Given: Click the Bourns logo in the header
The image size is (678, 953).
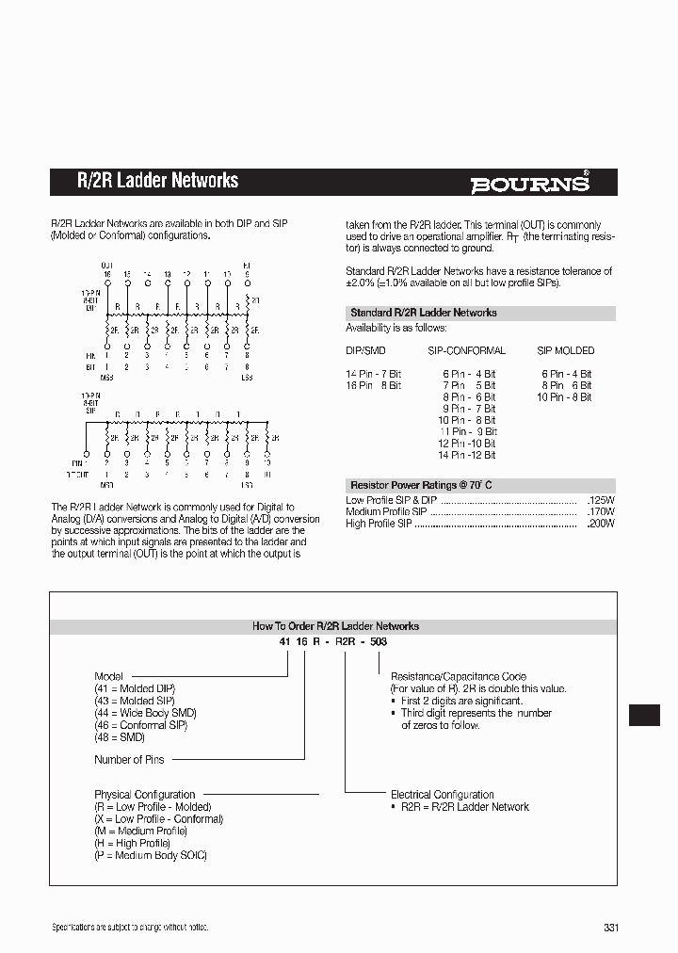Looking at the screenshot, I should pyautogui.click(x=531, y=183).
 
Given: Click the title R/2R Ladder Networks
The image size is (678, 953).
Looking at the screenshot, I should pyautogui.click(x=157, y=181).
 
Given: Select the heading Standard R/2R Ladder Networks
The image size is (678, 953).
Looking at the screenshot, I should pyautogui.click(x=423, y=313).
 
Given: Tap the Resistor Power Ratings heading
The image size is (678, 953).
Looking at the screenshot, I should pyautogui.click(x=421, y=485).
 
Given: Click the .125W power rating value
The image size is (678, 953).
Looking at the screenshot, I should pyautogui.click(x=600, y=499).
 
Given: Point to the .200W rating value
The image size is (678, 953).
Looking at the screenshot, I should pyautogui.click(x=600, y=524).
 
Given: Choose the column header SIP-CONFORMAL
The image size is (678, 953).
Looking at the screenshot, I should pyautogui.click(x=466, y=350).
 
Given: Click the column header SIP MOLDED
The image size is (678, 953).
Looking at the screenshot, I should pyautogui.click(x=565, y=350).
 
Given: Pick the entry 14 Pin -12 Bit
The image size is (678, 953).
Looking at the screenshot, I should pyautogui.click(x=466, y=455).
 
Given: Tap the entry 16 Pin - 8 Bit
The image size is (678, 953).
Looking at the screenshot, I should pyautogui.click(x=373, y=385).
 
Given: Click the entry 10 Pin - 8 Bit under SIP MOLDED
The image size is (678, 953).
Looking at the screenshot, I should pyautogui.click(x=564, y=397).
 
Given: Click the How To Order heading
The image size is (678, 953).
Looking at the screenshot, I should pyautogui.click(x=335, y=625).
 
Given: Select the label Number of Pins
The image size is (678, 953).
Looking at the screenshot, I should pyautogui.click(x=130, y=759).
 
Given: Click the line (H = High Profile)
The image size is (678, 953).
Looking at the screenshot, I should pyautogui.click(x=138, y=843).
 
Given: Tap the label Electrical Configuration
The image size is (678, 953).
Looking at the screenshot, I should pyautogui.click(x=442, y=795).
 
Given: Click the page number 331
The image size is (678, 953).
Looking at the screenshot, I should pyautogui.click(x=611, y=928).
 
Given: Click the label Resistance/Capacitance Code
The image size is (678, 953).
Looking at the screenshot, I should pyautogui.click(x=458, y=676).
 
